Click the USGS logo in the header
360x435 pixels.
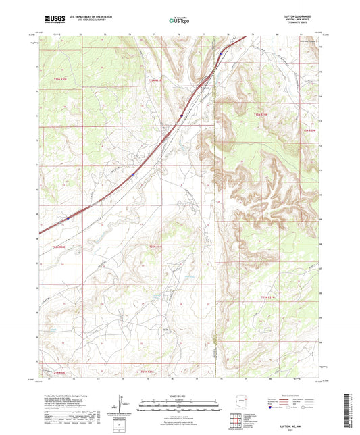(51, 20)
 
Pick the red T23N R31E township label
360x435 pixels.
(155, 80)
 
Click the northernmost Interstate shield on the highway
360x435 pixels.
(221, 53)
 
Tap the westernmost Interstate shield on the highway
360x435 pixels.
(68, 217)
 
